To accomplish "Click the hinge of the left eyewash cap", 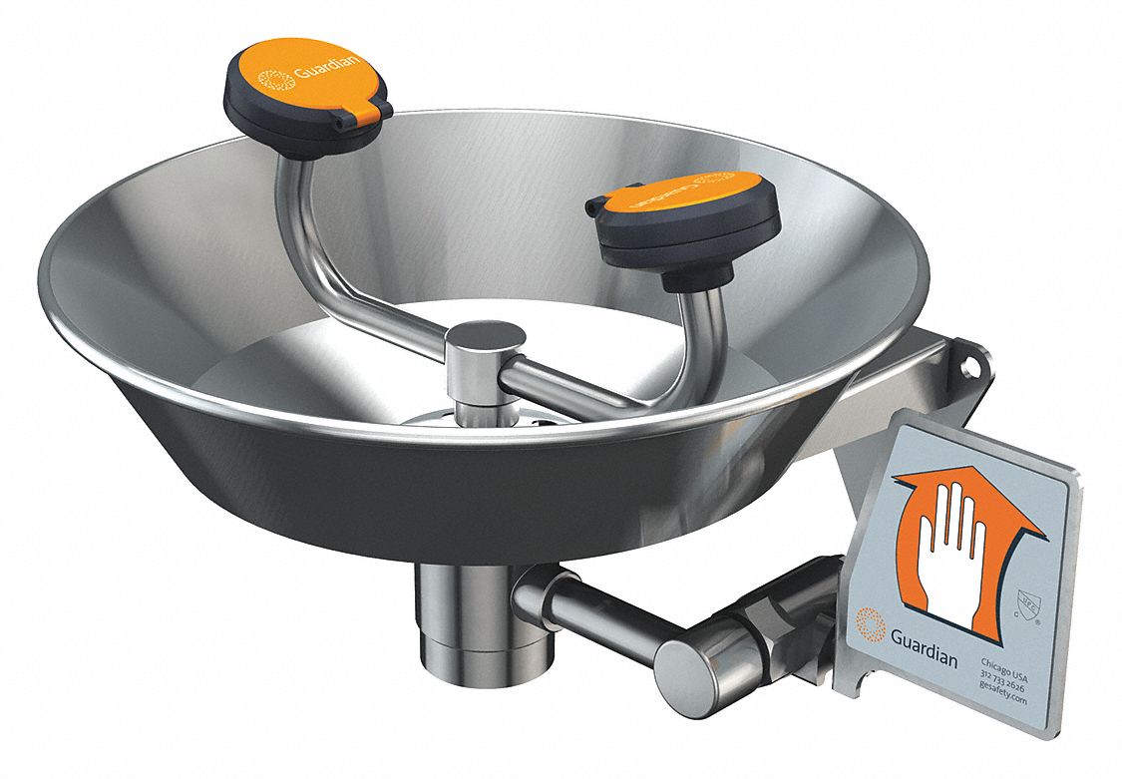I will pyautogui.click(x=368, y=119).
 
